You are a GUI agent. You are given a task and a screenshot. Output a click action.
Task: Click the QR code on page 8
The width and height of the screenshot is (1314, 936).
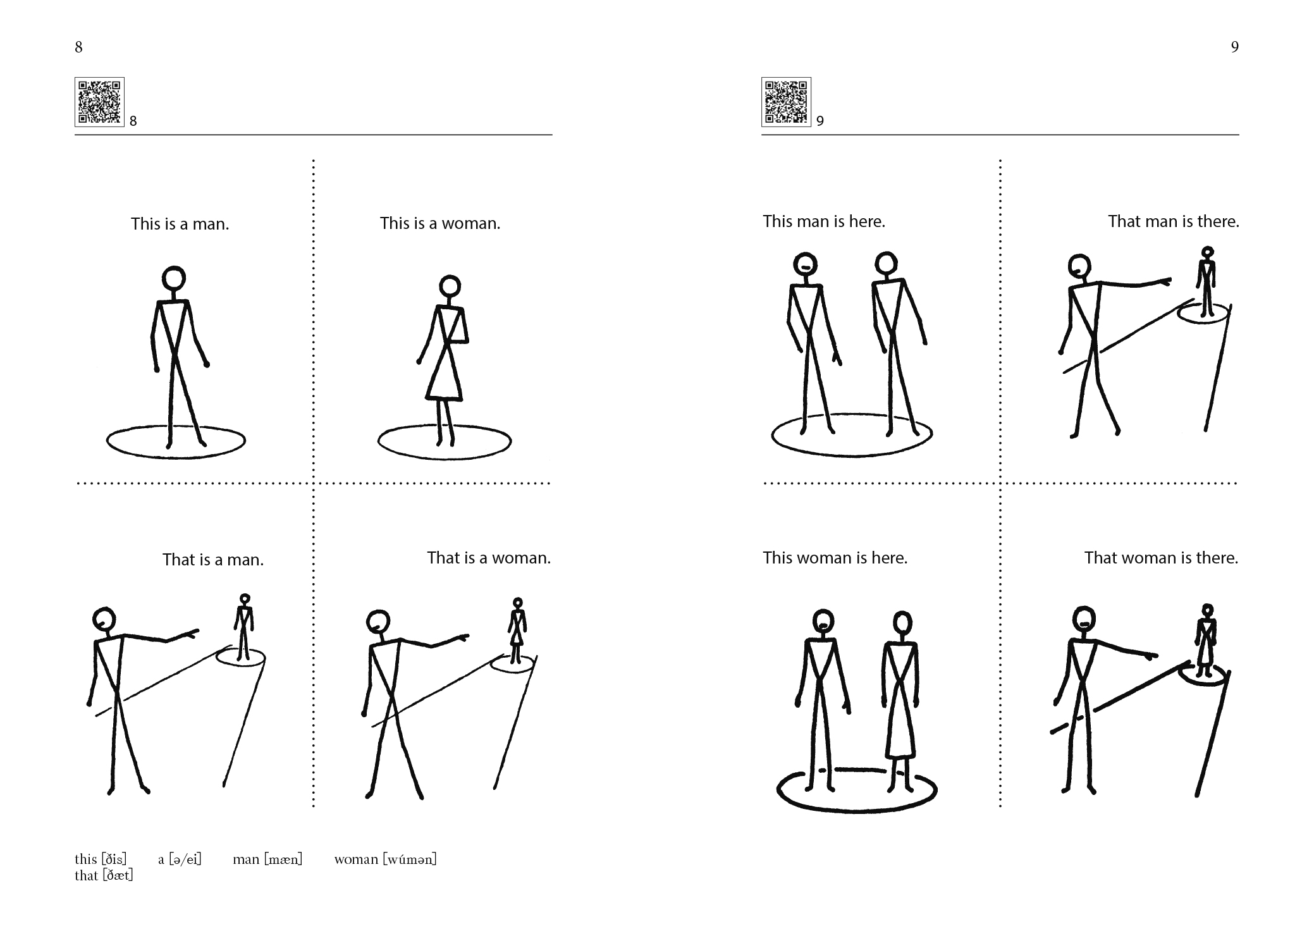pos(99,102)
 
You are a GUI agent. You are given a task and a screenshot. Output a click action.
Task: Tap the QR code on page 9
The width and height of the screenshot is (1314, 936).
pos(786,102)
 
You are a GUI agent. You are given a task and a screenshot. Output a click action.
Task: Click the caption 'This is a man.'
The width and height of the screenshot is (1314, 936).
pos(180,224)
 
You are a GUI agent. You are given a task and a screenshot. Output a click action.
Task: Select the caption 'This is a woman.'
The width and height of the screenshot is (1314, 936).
pos(440,223)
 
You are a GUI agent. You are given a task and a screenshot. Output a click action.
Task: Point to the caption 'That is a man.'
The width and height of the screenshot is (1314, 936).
pos(213,560)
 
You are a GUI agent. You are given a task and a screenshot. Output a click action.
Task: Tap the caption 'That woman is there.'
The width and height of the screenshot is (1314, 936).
pos(1161,558)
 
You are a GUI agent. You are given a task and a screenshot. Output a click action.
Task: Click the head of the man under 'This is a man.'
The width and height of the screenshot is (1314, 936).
pos(173,278)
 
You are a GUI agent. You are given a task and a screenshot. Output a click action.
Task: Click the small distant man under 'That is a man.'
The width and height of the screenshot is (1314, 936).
pos(244,627)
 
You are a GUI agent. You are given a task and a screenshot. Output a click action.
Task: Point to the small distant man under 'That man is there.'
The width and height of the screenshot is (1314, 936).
pos(1208,281)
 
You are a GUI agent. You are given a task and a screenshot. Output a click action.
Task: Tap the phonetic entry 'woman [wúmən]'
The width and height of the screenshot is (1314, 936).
pos(386,859)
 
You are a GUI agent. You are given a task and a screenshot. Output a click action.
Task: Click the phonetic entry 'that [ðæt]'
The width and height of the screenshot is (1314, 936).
pos(104,875)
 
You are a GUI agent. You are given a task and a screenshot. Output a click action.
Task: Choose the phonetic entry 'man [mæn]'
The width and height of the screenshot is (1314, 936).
pos(267,859)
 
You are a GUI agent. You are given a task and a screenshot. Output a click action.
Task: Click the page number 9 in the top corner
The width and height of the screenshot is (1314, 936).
pos(1234,47)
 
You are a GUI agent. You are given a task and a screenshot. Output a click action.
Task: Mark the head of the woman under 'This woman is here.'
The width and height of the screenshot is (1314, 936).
pos(902,624)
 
